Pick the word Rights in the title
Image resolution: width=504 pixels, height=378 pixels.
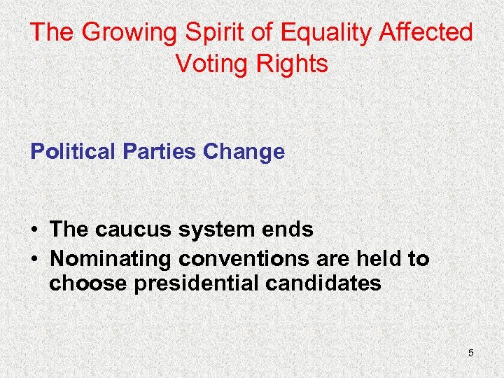(292, 64)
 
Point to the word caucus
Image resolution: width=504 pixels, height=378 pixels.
(137, 230)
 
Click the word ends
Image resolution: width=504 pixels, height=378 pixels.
(290, 230)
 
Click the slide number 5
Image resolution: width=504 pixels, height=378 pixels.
(471, 353)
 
